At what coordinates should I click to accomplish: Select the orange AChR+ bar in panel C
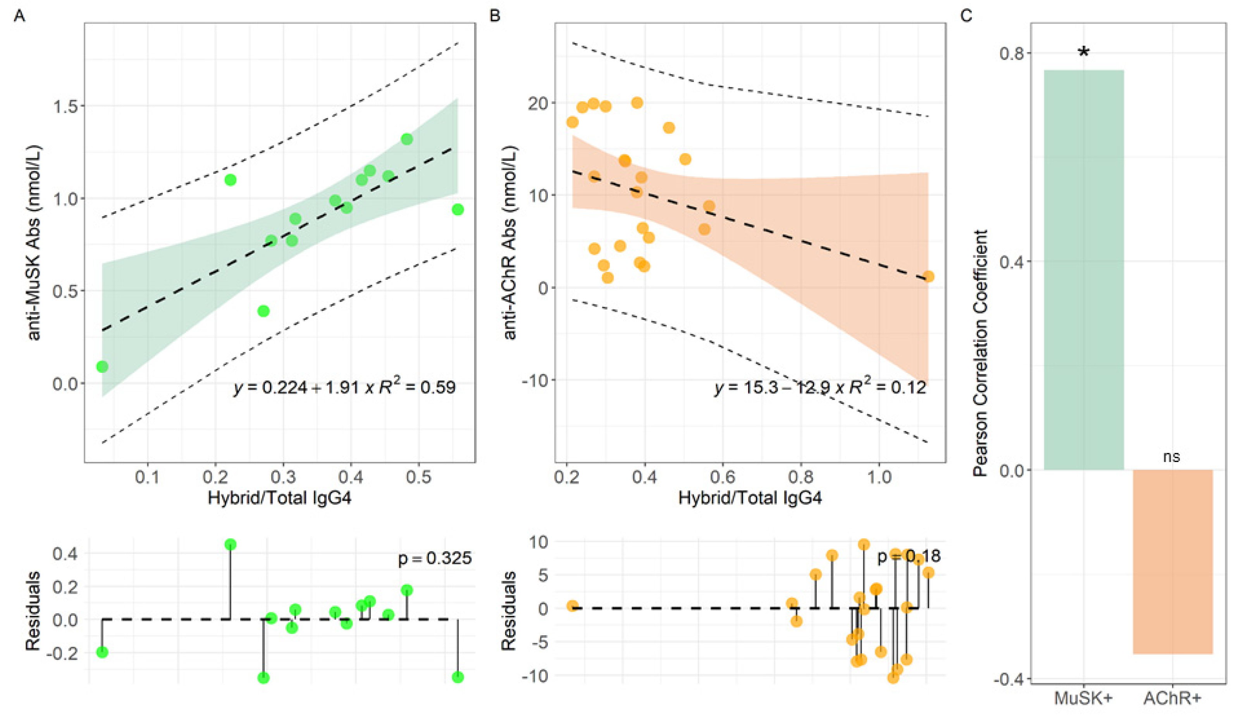pyautogui.click(x=1172, y=561)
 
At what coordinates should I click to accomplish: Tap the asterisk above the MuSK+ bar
pyautogui.click(x=1083, y=53)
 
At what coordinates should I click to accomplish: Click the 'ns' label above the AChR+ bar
pyautogui.click(x=1172, y=457)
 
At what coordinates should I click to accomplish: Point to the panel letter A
pyautogui.click(x=20, y=16)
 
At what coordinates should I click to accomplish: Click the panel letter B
pyautogui.click(x=495, y=16)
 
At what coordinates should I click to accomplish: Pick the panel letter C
pyautogui.click(x=966, y=16)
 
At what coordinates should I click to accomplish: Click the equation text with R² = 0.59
pyautogui.click(x=344, y=388)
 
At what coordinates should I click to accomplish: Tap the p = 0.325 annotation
pyautogui.click(x=434, y=558)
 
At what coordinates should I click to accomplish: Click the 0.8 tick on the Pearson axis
pyautogui.click(x=1015, y=53)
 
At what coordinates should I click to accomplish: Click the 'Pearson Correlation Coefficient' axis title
pyautogui.click(x=981, y=353)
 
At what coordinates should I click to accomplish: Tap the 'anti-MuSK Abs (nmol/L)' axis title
pyautogui.click(x=34, y=242)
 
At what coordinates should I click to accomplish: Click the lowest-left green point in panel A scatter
pyautogui.click(x=102, y=366)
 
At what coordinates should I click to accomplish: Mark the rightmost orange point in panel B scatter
pyautogui.click(x=928, y=276)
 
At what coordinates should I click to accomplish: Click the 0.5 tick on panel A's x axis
pyautogui.click(x=418, y=477)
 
